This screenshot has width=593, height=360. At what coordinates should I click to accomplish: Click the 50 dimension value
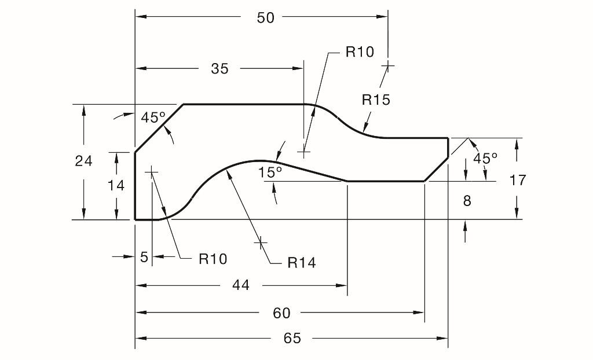click(x=265, y=18)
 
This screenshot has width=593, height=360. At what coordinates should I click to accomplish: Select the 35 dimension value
click(x=220, y=69)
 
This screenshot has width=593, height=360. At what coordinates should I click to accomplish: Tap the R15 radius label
click(x=376, y=100)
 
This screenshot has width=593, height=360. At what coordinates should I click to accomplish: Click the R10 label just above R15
click(x=360, y=52)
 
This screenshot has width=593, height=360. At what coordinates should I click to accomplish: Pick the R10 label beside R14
click(x=213, y=259)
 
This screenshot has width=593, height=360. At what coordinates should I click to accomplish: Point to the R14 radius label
click(x=302, y=263)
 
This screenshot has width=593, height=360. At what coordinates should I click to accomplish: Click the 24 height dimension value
click(x=84, y=161)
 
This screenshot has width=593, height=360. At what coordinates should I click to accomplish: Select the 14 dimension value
click(x=116, y=186)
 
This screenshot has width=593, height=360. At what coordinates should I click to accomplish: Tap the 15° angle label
click(x=270, y=172)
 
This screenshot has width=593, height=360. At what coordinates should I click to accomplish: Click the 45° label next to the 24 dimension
click(x=153, y=117)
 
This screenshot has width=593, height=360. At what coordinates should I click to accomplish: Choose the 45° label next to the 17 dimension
click(x=485, y=159)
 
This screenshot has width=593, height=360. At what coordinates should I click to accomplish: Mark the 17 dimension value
click(x=518, y=181)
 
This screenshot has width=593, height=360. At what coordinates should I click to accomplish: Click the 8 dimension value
click(x=467, y=201)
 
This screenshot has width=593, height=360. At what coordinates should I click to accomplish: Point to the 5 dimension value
click(x=144, y=257)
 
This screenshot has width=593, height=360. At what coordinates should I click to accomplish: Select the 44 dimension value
click(x=241, y=285)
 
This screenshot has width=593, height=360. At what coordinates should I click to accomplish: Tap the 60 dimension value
click(x=281, y=313)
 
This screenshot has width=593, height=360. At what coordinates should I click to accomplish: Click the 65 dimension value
click(x=292, y=339)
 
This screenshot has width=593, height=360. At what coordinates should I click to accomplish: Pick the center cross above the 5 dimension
click(x=151, y=172)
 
